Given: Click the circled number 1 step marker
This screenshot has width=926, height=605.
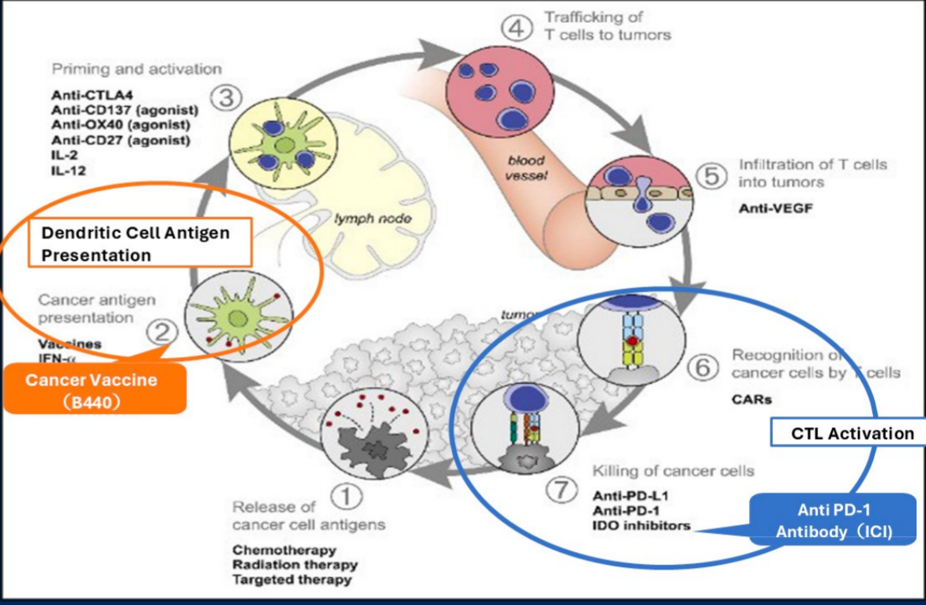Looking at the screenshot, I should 345,497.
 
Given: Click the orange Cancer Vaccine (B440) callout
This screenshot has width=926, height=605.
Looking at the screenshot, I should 95,388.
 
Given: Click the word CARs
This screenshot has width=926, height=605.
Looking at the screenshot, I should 751,399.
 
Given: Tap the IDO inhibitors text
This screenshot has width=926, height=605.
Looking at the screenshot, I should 642,525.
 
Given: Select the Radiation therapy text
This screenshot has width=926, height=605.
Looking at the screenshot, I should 295,565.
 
